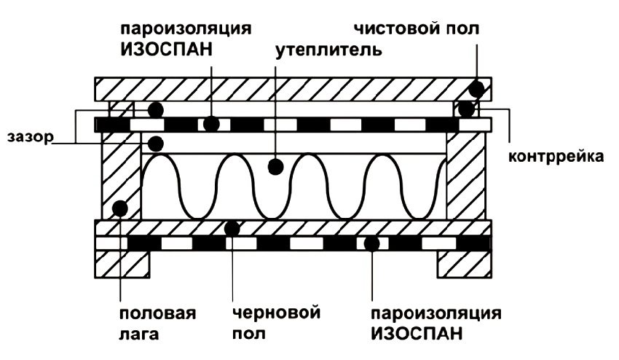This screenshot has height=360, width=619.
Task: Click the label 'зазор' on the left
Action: (27, 137)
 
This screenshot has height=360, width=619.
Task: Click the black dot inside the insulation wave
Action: (275, 167)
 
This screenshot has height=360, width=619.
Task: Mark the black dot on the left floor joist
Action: (121, 208)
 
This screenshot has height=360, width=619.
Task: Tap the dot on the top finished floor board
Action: (476, 90)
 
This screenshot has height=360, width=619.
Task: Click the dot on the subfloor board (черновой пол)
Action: (232, 228)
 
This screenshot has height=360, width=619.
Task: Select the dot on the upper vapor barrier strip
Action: (211, 124)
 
